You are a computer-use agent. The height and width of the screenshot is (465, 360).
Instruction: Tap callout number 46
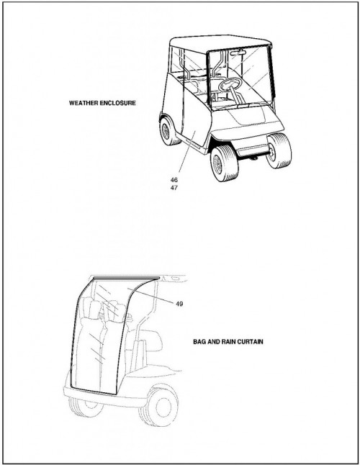point(174,180)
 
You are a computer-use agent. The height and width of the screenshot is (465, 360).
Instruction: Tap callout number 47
point(174,188)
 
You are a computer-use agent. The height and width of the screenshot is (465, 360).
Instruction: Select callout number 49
point(179,304)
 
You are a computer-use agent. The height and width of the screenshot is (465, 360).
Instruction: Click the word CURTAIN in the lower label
point(250,342)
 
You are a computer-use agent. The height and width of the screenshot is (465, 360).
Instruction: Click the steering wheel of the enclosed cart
point(230,83)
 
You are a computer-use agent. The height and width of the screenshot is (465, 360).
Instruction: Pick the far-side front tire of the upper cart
point(278,150)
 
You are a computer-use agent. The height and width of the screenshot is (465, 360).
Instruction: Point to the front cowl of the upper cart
point(246,121)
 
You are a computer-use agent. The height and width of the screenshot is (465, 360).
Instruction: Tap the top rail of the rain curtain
point(126,278)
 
